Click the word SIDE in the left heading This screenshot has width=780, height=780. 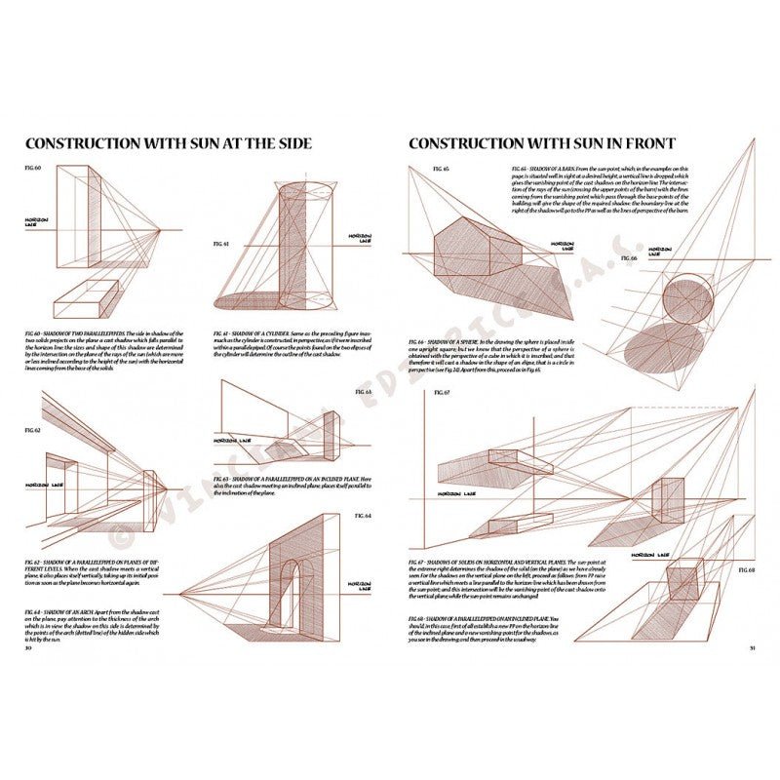[291, 143]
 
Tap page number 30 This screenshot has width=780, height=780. [29, 645]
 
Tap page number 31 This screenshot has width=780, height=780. [751, 645]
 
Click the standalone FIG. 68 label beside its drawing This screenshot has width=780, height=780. [747, 568]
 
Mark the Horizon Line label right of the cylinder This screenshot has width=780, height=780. [345, 237]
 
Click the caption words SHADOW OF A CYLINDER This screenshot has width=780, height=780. [259, 332]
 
